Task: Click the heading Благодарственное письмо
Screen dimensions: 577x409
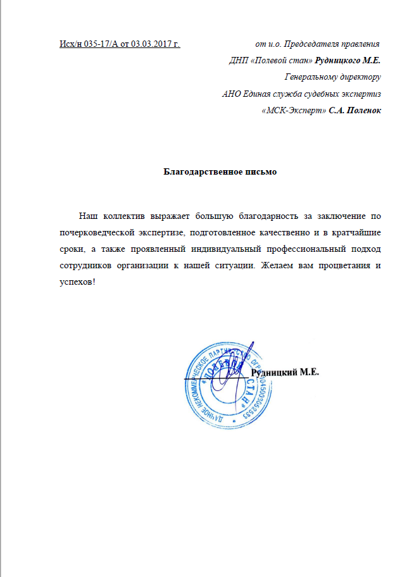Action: pos(220,171)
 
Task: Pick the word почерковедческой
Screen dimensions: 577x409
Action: pos(93,232)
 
